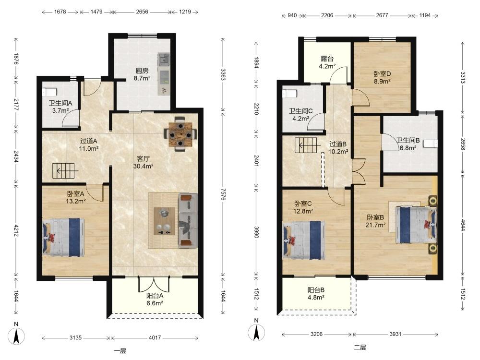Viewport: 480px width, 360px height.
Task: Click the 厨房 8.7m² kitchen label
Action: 142,74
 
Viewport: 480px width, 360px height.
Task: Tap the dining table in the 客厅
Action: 180,134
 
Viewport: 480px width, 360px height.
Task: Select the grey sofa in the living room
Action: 188,220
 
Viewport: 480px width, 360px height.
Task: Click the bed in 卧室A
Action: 63,237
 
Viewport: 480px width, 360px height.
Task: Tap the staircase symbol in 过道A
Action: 65,171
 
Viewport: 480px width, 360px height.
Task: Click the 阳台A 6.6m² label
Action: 155,300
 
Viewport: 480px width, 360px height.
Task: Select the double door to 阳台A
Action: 154,284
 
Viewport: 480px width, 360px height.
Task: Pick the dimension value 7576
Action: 223,194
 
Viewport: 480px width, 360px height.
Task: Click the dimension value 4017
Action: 155,337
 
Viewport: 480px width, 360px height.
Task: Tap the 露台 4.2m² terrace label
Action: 327,62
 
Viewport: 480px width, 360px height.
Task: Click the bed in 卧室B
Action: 416,225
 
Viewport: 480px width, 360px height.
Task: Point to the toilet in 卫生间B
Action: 431,144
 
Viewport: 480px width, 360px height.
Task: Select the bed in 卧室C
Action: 304,240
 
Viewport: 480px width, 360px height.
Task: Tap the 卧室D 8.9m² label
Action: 383,77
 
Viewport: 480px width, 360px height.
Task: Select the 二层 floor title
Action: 360,348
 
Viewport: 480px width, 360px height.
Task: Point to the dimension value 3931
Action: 395,334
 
